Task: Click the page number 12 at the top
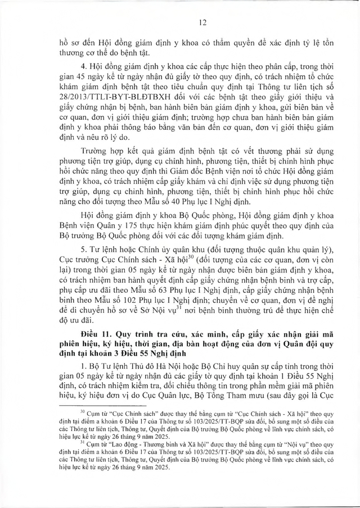point(179,23)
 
